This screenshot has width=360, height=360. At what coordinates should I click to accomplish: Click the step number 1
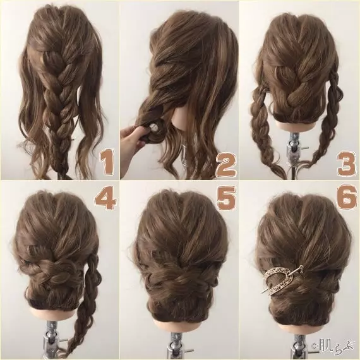point(106,162)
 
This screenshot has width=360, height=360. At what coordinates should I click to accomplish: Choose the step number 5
point(226,198)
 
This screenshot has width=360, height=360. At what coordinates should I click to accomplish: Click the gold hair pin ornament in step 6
point(282,280)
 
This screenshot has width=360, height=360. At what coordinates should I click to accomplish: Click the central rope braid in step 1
point(57,104)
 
